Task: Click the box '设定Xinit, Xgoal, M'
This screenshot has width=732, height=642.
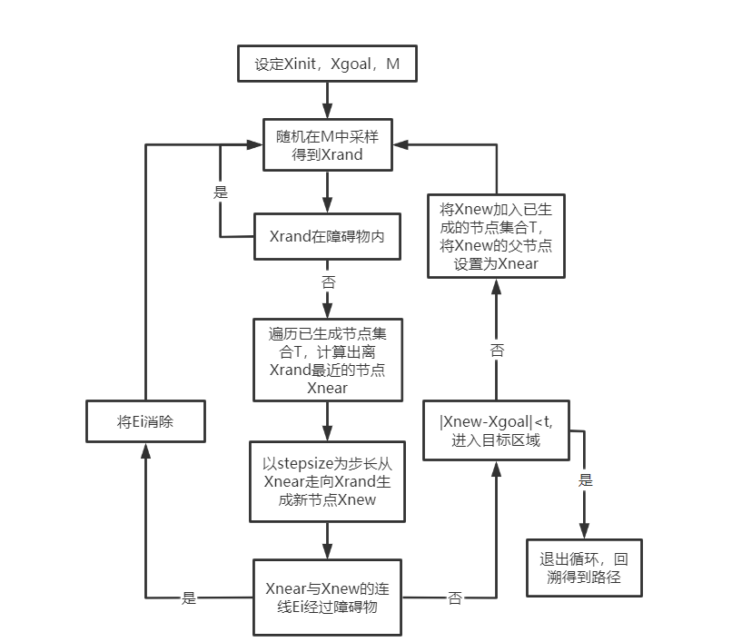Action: (x=328, y=65)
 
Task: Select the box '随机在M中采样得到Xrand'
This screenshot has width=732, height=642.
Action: (x=327, y=145)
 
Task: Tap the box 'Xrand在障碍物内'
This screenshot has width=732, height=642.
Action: (x=327, y=237)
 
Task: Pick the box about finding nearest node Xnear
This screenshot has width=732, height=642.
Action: (x=327, y=360)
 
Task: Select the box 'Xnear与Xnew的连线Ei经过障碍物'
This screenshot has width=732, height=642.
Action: (x=327, y=598)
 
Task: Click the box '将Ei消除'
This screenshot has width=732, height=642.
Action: (x=144, y=422)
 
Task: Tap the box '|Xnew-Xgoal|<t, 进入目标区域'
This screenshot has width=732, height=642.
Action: (x=495, y=432)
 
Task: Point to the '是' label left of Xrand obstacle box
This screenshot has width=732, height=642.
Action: (x=221, y=193)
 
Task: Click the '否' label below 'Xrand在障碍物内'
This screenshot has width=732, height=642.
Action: (x=328, y=281)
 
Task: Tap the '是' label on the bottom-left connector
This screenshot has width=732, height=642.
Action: (x=189, y=598)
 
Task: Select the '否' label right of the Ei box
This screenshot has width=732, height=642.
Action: (x=455, y=598)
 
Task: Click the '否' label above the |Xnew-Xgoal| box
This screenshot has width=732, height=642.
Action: (x=497, y=350)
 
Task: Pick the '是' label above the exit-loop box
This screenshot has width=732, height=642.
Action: (x=585, y=479)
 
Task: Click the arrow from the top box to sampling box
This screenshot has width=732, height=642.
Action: (x=328, y=100)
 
